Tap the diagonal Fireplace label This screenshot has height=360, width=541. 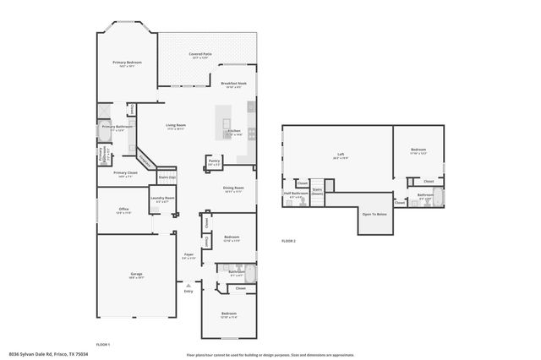tap(146, 159)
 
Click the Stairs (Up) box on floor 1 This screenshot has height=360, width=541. tap(167, 177)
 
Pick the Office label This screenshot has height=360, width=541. tap(123, 210)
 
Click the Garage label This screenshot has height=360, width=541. tap(136, 274)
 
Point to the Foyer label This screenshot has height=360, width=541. tap(189, 254)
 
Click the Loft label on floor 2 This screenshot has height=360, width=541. tap(341, 155)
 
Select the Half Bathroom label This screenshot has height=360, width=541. tap(294, 194)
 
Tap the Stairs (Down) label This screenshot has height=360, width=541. tap(317, 191)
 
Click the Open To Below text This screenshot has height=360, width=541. tap(374, 214)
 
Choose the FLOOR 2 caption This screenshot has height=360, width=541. tap(288, 241)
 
